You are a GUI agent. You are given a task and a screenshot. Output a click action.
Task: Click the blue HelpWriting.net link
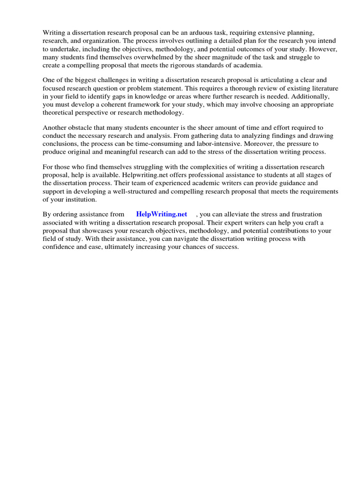(x=162, y=214)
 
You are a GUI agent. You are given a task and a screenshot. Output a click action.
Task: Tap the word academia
(x=247, y=65)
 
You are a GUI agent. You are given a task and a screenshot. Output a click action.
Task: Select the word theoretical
(x=61, y=113)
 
